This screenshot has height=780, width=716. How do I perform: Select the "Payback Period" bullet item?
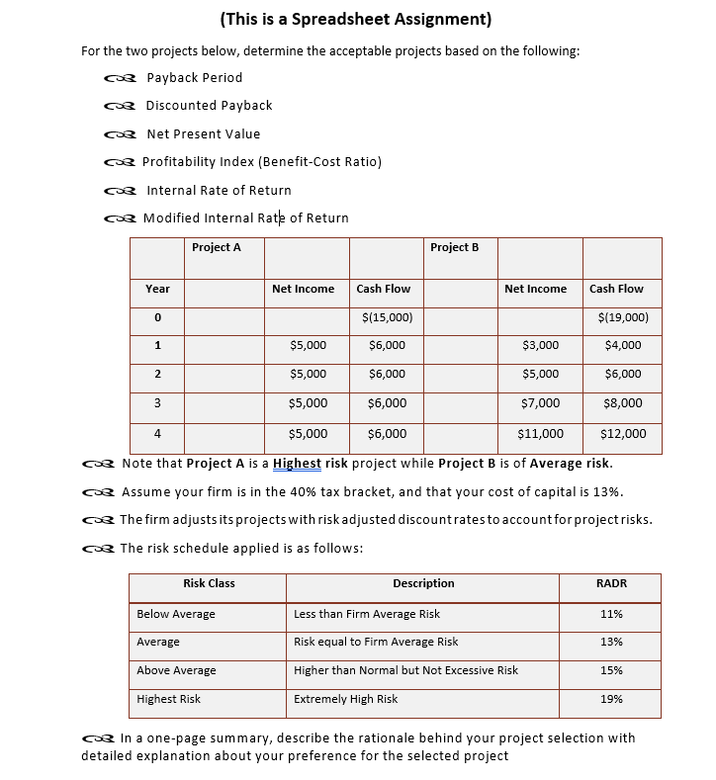(x=194, y=77)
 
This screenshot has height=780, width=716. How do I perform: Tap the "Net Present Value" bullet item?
(x=203, y=133)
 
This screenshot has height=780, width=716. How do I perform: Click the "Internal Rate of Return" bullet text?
(x=219, y=190)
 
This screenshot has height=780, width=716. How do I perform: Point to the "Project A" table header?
(x=216, y=247)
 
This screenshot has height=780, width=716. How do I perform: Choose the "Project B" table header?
(x=455, y=247)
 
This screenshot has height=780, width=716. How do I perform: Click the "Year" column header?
(x=157, y=289)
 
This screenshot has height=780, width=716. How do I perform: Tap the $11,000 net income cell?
(x=540, y=433)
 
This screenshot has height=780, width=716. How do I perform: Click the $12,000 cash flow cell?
(x=623, y=433)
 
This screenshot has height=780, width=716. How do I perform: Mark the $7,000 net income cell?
(x=540, y=402)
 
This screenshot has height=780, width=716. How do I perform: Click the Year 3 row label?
(x=157, y=402)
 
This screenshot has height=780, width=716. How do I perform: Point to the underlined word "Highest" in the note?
(x=297, y=464)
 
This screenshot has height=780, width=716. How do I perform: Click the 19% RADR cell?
(x=611, y=699)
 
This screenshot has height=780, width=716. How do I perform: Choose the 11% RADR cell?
(x=611, y=614)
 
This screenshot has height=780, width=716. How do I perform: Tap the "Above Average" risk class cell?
(x=176, y=670)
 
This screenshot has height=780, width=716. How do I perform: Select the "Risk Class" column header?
(x=209, y=583)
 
